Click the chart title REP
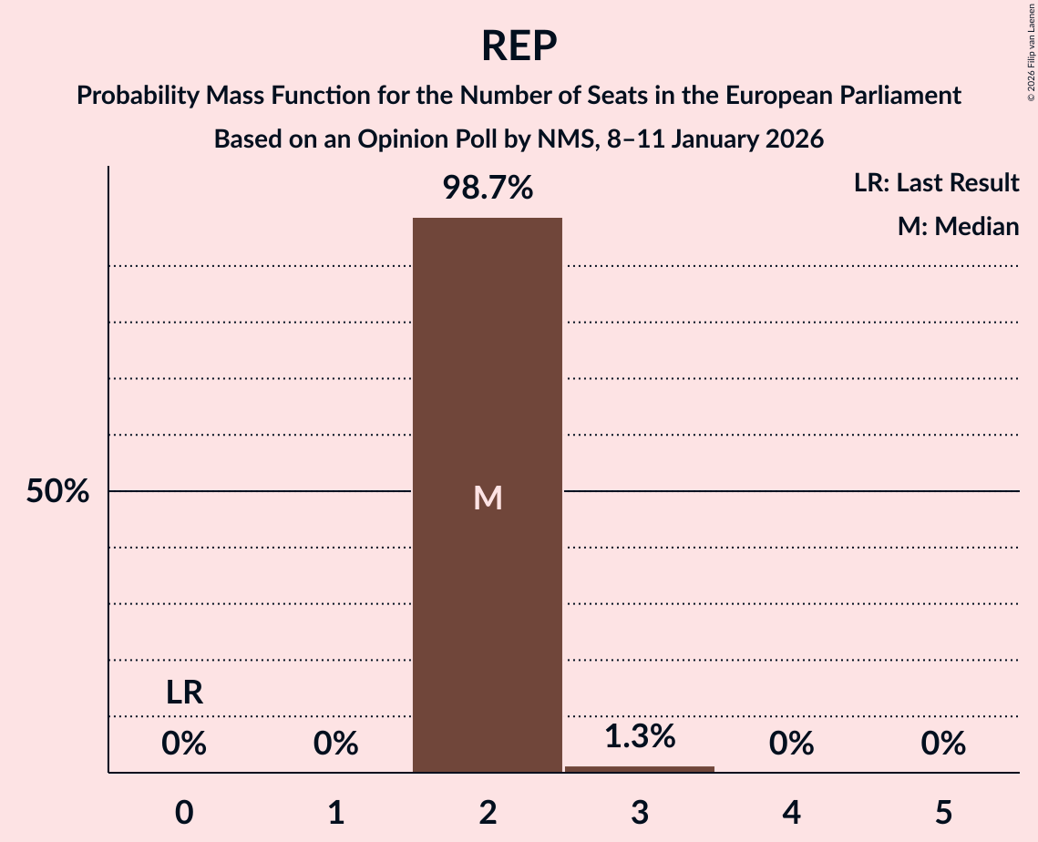tap(519, 46)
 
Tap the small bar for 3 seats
tap(640, 769)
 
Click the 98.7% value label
tap(488, 188)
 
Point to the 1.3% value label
tap(640, 736)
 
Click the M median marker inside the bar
tap(488, 498)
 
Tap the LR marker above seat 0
tap(184, 693)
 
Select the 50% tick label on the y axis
tap(57, 492)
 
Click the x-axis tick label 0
tap(184, 813)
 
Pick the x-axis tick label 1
tap(336, 813)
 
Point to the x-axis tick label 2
tap(488, 813)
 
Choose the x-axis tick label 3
tap(640, 813)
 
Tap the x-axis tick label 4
tap(791, 813)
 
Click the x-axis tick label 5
tap(943, 813)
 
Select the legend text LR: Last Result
tap(936, 183)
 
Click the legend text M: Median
tap(958, 227)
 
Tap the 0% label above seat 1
tap(336, 744)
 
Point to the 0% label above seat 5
tap(943, 744)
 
